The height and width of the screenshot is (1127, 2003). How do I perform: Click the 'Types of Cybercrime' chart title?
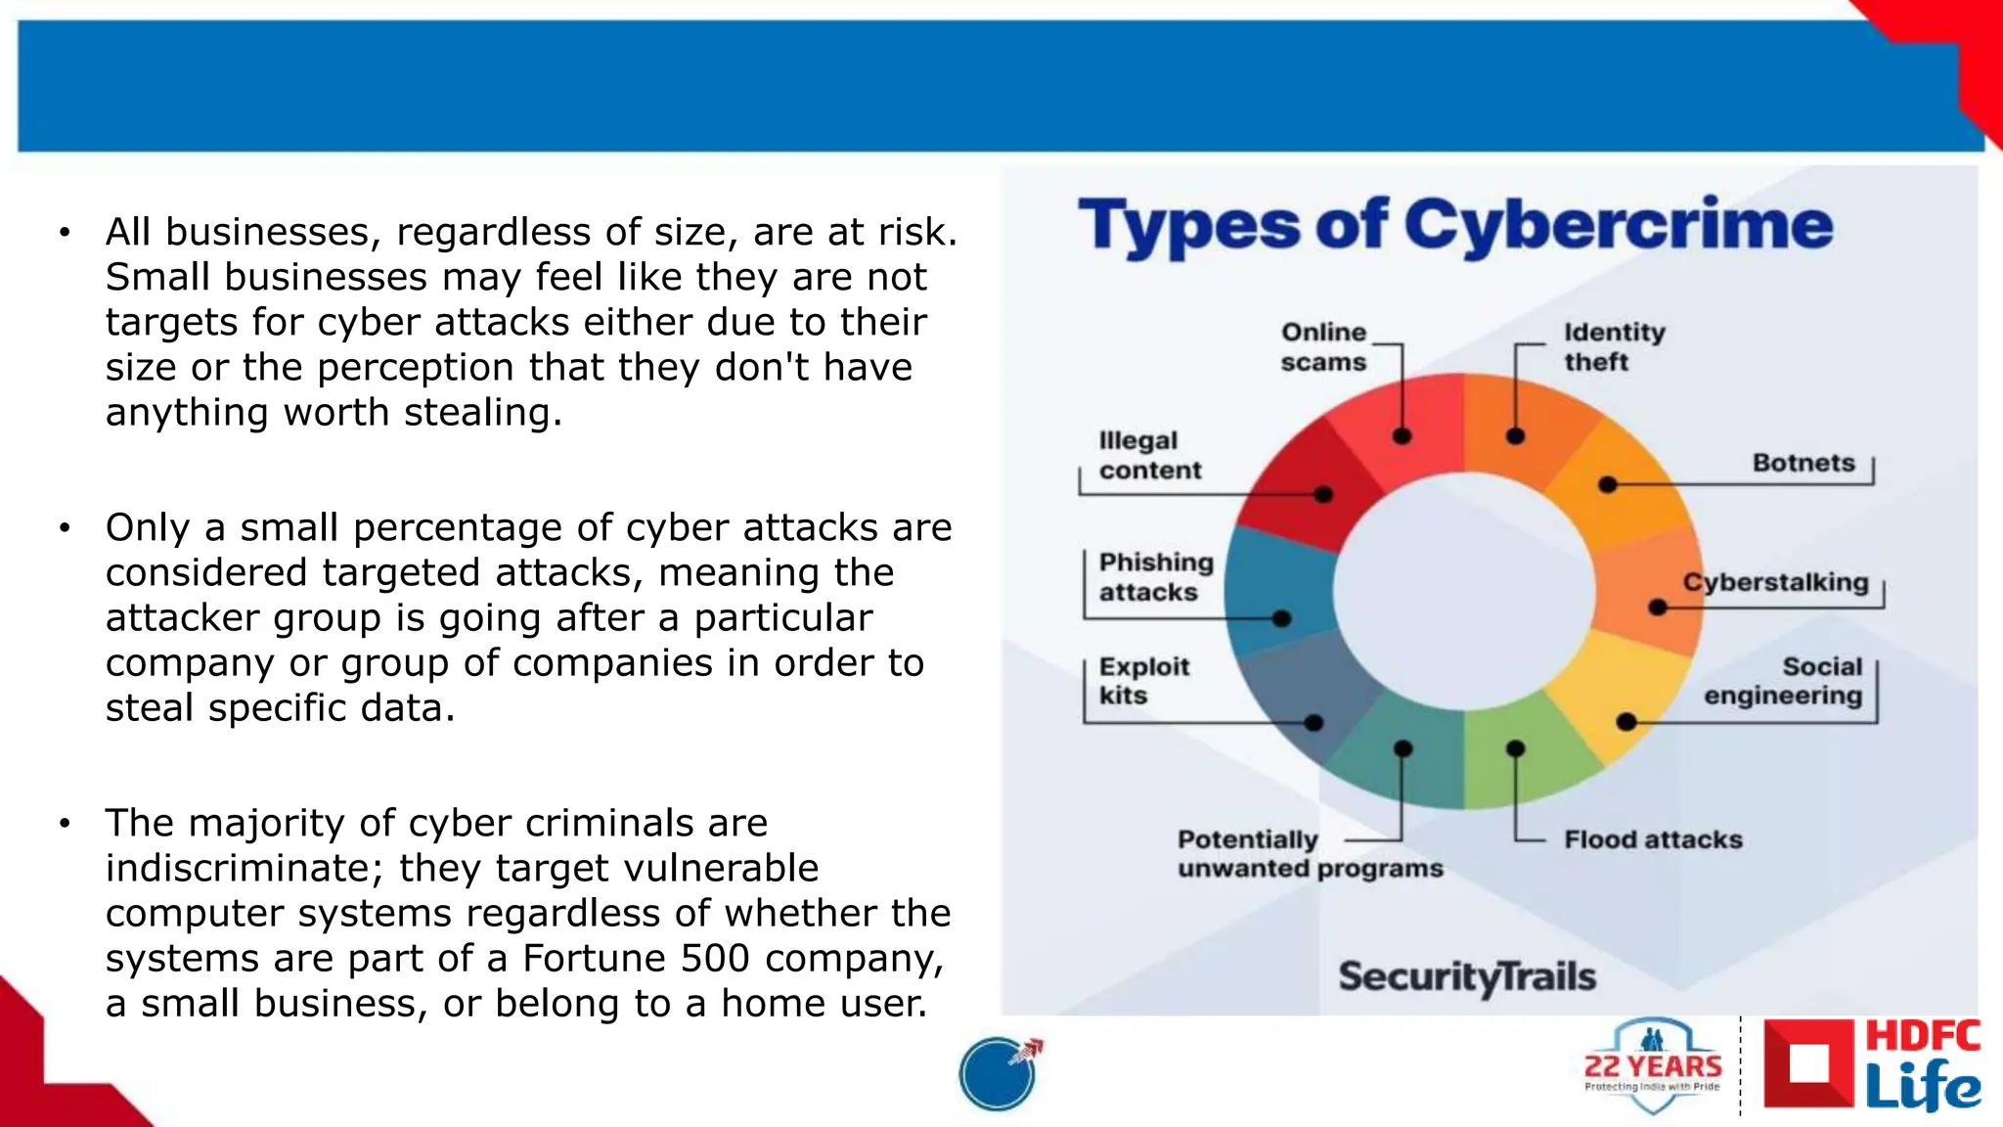point(1455,226)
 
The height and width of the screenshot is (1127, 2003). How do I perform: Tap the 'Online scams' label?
point(1323,347)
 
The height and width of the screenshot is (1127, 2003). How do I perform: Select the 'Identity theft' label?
point(1614,347)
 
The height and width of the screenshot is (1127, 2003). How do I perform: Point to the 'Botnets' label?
point(1803,463)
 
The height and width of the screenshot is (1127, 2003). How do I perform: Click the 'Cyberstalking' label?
point(1775,582)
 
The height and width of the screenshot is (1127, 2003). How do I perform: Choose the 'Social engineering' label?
point(1784,681)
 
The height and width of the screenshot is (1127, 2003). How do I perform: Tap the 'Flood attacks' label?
point(1653,839)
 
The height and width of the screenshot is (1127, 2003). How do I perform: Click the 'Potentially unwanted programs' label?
point(1310,854)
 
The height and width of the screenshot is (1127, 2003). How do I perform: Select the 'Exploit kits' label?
point(1143,681)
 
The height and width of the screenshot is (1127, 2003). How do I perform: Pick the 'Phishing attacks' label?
point(1155,577)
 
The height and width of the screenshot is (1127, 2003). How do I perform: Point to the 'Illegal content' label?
point(1149,456)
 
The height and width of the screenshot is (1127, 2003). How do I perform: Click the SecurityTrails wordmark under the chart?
point(1467,976)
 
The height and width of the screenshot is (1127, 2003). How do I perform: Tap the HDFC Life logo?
point(1873,1065)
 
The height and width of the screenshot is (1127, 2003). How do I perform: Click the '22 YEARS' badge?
point(1653,1066)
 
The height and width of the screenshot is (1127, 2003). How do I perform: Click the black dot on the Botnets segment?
point(1607,484)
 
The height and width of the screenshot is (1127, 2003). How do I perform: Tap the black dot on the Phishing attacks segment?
point(1282,618)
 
